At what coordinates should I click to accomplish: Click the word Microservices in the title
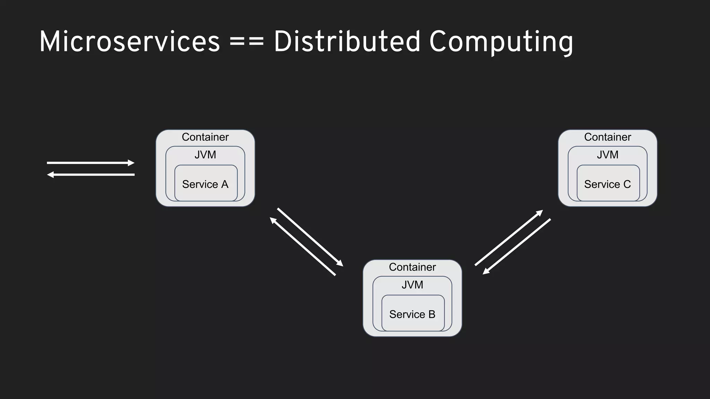click(129, 42)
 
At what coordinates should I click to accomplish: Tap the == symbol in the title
click(246, 42)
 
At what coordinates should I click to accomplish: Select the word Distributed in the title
click(347, 42)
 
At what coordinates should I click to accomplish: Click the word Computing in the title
click(501, 42)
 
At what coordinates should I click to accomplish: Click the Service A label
click(205, 184)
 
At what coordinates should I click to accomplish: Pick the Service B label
click(412, 314)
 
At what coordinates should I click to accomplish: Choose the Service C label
click(607, 184)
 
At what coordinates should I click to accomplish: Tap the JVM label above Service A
click(205, 154)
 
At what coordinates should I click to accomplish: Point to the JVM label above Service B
click(412, 285)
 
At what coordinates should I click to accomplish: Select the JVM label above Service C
click(607, 154)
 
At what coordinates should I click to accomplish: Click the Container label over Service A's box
click(205, 137)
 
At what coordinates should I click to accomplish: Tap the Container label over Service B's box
click(412, 267)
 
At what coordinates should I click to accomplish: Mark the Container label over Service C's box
click(607, 137)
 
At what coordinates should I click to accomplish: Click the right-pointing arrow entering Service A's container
click(90, 163)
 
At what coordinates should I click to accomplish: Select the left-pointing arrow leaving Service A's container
click(90, 175)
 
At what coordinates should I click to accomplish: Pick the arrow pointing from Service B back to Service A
click(303, 247)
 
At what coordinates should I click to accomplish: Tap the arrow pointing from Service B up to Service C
click(509, 238)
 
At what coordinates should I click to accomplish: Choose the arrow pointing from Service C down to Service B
click(517, 246)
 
